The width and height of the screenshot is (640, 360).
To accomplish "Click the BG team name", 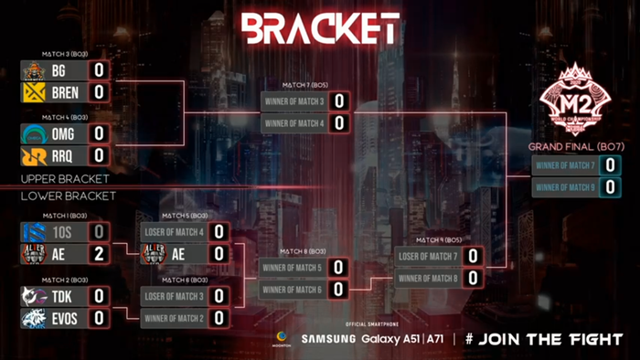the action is (59, 69).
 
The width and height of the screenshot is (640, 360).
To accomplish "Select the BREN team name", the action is (65, 92).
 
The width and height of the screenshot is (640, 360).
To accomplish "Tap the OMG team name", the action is (63, 133).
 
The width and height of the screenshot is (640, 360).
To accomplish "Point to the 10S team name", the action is (62, 231).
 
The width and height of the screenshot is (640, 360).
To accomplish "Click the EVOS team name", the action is (66, 318).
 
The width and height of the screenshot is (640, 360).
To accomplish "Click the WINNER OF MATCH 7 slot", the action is (565, 165).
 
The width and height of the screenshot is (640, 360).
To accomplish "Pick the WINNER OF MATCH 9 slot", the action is (565, 187).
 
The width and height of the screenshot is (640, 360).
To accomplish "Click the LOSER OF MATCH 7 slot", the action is (427, 257).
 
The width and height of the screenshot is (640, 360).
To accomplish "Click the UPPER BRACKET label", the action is (65, 179).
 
